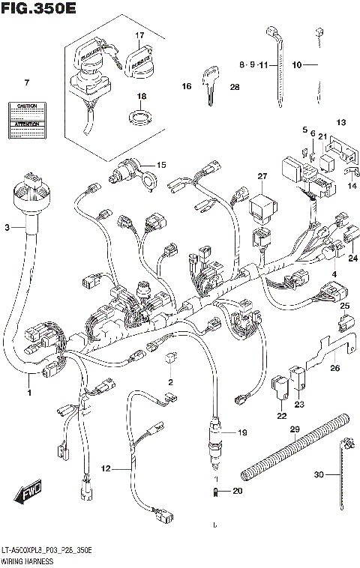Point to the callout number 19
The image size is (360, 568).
click(x=242, y=432)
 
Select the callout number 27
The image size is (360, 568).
click(x=262, y=176)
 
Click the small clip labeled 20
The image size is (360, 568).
click(x=215, y=492)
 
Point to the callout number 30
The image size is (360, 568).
click(x=319, y=474)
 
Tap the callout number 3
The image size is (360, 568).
click(x=7, y=227)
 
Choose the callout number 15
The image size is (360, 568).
click(x=160, y=164)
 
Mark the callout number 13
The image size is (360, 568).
click(x=340, y=122)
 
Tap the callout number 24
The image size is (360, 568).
click(x=352, y=258)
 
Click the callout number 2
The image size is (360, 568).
click(x=170, y=382)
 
